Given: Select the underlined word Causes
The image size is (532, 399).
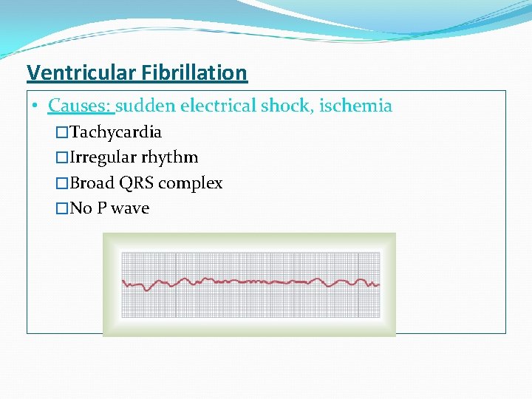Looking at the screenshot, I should [79, 106].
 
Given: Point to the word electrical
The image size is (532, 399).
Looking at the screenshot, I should [218, 106].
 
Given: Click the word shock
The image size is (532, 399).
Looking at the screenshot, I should [287, 106].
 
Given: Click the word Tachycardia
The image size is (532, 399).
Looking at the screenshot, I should [116, 133].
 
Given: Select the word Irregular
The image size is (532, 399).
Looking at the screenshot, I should [103, 158].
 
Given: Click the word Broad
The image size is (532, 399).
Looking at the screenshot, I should [92, 183].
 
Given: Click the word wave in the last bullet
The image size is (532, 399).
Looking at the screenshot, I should [130, 208].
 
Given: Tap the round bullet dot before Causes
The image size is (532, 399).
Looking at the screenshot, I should [35, 106].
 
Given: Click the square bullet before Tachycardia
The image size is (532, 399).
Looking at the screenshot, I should [62, 133].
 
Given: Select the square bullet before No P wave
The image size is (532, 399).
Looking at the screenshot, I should [62, 208].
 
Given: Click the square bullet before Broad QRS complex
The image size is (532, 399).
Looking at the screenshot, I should [62, 183].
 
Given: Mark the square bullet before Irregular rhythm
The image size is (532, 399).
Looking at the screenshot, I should [62, 158].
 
